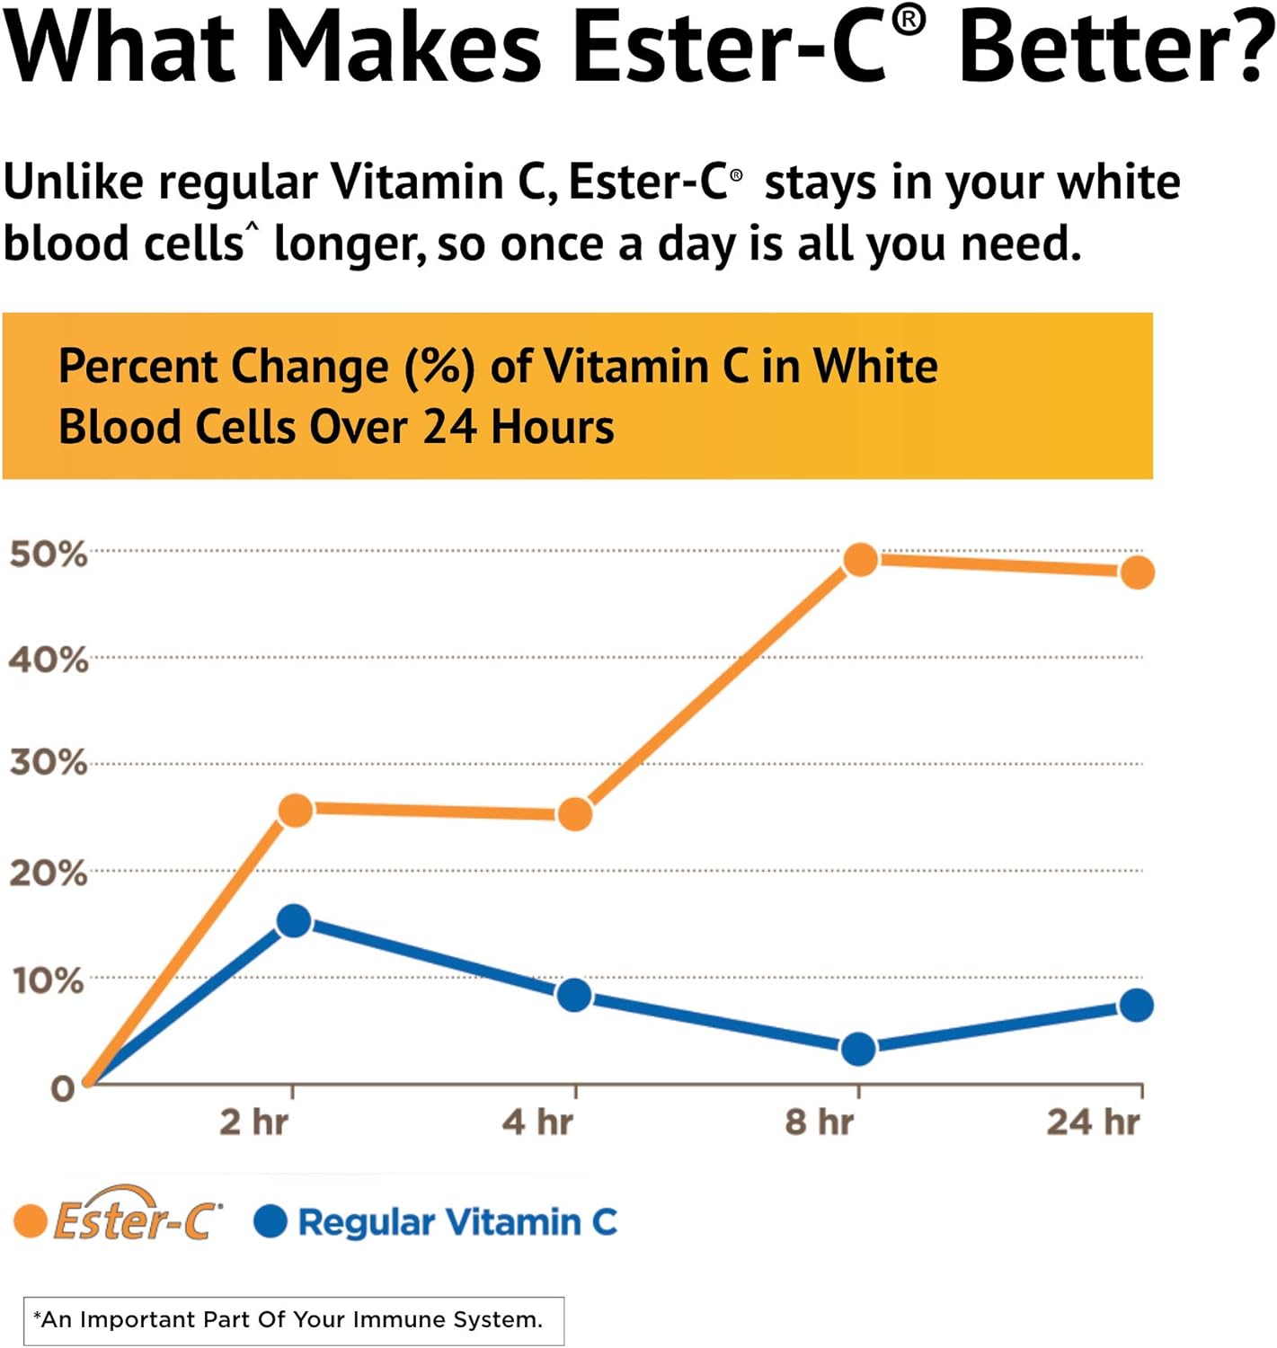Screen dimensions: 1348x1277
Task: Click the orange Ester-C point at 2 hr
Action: tap(296, 810)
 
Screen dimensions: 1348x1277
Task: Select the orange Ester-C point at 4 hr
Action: tap(575, 814)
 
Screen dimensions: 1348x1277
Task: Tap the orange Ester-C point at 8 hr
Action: tap(860, 559)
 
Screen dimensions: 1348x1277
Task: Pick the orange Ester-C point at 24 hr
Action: tap(1138, 572)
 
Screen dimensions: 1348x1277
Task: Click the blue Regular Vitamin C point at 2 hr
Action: tap(294, 920)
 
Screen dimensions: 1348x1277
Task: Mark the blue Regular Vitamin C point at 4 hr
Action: tap(574, 995)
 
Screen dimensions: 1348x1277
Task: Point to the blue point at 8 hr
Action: tap(858, 1048)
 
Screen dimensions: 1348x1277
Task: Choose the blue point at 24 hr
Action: tap(1137, 1005)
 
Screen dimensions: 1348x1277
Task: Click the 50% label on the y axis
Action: tap(49, 554)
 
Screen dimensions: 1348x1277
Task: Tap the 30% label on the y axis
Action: tap(49, 763)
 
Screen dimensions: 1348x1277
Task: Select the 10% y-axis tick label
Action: tap(49, 980)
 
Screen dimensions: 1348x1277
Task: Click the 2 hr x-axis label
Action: tap(254, 1122)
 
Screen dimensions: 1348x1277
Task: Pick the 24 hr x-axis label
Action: tap(1093, 1122)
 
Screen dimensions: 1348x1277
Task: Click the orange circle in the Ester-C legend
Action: tap(31, 1221)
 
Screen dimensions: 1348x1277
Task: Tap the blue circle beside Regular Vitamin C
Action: tap(270, 1221)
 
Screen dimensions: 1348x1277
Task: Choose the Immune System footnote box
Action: tap(293, 1320)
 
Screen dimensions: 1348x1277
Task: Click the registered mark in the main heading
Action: tap(909, 19)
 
